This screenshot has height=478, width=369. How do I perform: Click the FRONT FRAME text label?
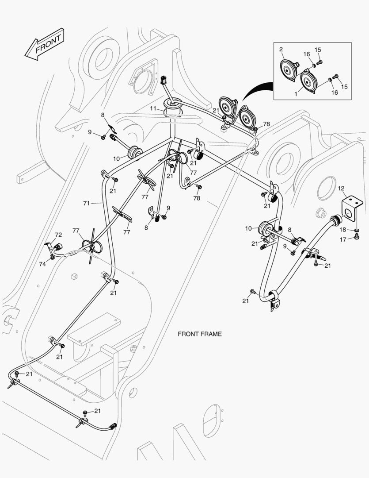pyautogui.click(x=199, y=334)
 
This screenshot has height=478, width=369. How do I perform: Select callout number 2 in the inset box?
pyautogui.click(x=281, y=49)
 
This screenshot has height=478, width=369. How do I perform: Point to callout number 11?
pyautogui.click(x=153, y=108)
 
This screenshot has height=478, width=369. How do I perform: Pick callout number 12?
pyautogui.click(x=341, y=189)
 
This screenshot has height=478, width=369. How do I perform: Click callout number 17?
pyautogui.click(x=342, y=240)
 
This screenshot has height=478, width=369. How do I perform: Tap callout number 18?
pyautogui.click(x=343, y=230)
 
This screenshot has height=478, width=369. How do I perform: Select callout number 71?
pyautogui.click(x=86, y=203)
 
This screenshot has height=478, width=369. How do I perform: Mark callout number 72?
pyautogui.click(x=58, y=235)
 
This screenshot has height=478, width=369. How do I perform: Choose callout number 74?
pyautogui.click(x=42, y=264)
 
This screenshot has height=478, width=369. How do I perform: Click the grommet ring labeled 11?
pyautogui.click(x=173, y=105)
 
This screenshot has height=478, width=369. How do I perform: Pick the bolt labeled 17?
pyautogui.click(x=356, y=238)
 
